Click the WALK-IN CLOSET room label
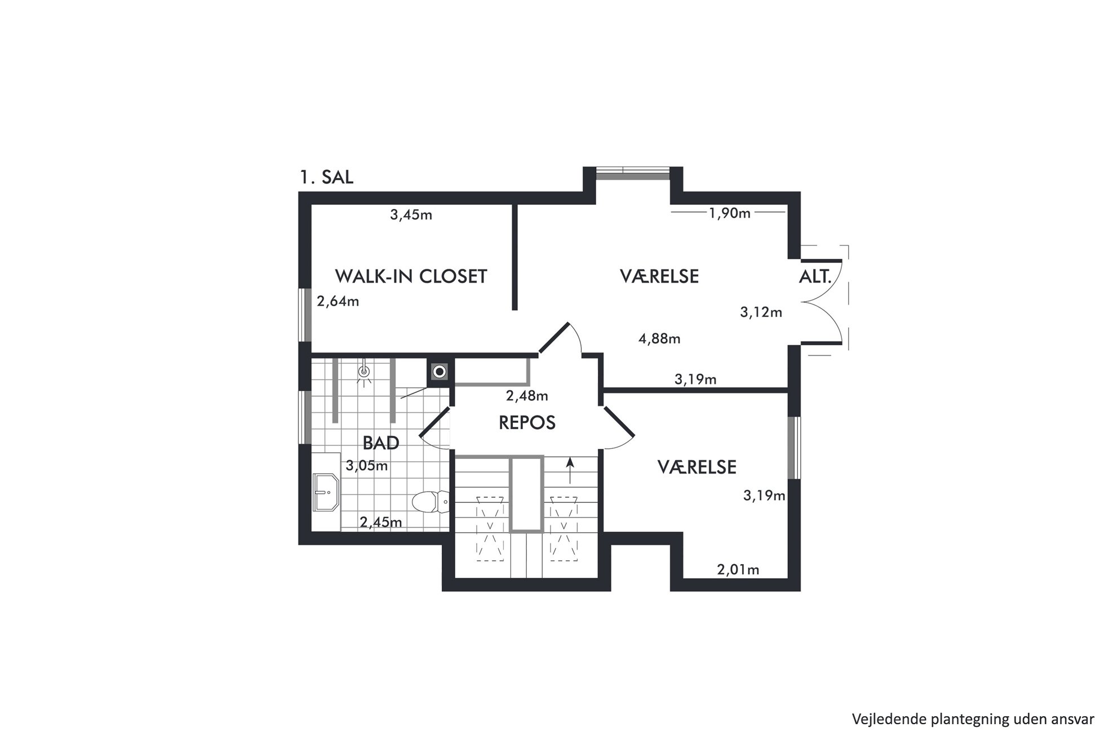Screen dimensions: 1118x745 pos(411,276)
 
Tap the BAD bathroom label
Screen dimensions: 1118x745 pos(381,443)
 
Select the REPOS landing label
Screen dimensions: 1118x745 pos(527,422)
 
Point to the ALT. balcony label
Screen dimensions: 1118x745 pos(815,276)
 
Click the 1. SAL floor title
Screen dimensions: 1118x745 pos(327,177)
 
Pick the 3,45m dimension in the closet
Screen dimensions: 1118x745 pos(411,215)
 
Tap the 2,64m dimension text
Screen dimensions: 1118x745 pos(338,301)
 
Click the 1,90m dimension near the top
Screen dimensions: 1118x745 pos(729,213)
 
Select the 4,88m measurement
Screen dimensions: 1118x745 pos(659,338)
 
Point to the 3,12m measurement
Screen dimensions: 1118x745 pos(761,312)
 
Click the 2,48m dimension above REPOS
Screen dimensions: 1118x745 pos(527,396)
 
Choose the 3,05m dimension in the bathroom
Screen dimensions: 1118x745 pos(367,466)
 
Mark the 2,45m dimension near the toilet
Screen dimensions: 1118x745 pos(381,522)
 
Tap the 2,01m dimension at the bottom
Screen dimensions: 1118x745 pos(738,570)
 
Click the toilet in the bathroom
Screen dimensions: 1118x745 pos(431,502)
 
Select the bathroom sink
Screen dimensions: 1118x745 pos(326,492)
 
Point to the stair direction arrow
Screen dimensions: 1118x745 pos(570,471)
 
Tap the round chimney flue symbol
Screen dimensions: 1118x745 pos(440,372)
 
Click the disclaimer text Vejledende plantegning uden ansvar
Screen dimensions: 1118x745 pos(973,719)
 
